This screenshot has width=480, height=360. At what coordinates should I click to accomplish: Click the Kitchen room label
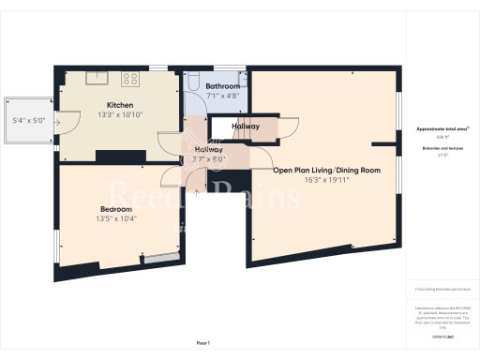click(119, 104)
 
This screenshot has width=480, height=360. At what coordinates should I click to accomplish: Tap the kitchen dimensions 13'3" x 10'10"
click(119, 114)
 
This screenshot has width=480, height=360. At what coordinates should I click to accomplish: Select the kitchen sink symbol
click(96, 79)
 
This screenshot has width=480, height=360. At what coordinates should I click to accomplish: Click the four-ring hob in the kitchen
click(129, 79)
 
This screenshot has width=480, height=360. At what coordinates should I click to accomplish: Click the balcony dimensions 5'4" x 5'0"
click(28, 120)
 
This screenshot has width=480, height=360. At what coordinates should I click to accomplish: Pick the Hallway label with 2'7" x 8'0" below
click(208, 149)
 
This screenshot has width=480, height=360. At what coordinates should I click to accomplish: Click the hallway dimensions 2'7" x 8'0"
click(208, 159)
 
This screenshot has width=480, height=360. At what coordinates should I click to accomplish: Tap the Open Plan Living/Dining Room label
click(326, 170)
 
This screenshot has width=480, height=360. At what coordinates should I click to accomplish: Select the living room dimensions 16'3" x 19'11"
click(326, 180)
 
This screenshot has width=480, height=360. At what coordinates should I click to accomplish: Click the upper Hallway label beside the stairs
click(246, 126)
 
